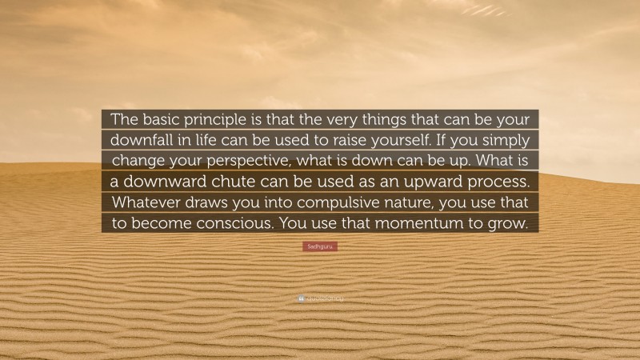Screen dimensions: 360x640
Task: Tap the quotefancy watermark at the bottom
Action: [320, 299]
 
